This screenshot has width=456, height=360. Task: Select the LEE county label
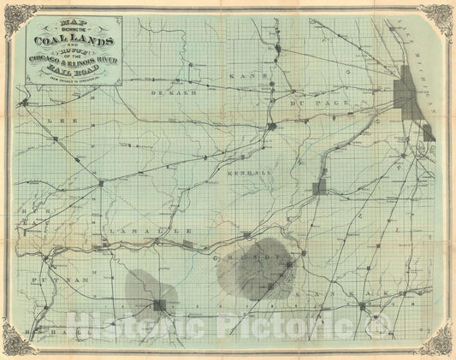point(58,121)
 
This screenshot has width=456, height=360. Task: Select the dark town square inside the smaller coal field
point(159,306)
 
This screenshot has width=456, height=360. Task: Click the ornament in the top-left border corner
point(17,17)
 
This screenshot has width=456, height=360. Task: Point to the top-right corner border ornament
point(440,17)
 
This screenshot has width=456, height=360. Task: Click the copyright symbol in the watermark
point(374,325)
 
